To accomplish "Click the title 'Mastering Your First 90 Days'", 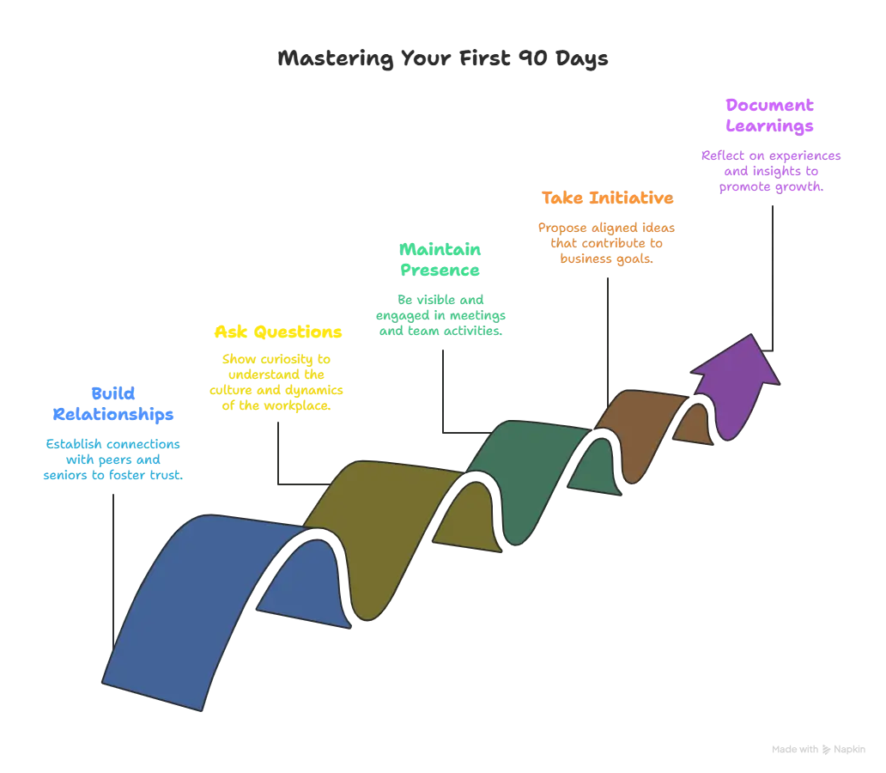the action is [x=442, y=58].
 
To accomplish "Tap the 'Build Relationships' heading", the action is [x=113, y=404].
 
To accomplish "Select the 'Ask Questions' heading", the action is [x=278, y=332].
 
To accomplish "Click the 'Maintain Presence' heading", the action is [x=440, y=259].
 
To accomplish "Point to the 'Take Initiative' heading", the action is [x=608, y=198].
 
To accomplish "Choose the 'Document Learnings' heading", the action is [x=769, y=115].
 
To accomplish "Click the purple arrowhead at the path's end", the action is [x=735, y=385].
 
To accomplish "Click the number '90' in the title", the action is [x=533, y=58].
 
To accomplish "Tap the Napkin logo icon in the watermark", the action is [x=826, y=749].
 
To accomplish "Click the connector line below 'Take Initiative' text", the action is [x=608, y=342].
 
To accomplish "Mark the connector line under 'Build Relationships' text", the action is [x=113, y=571].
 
